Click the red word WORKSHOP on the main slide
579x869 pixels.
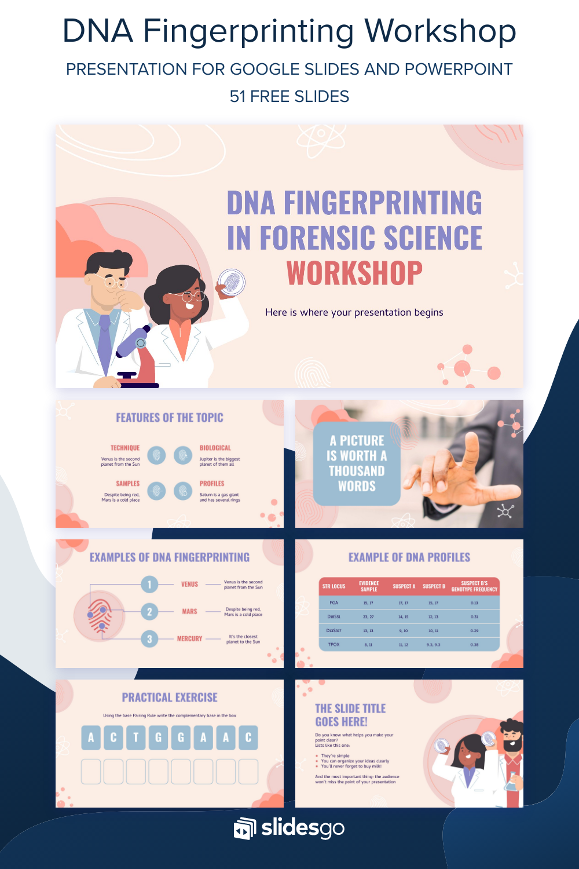(354, 273)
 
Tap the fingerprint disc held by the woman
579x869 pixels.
(232, 282)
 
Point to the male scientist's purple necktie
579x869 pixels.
(104, 342)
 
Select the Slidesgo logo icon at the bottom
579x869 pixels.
(244, 828)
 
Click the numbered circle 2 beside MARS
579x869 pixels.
(149, 611)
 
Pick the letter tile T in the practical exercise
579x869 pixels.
(136, 737)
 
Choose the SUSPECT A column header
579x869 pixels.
(404, 586)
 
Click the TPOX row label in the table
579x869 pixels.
(334, 644)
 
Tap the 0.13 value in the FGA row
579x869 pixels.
(474, 603)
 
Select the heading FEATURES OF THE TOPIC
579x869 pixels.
(169, 418)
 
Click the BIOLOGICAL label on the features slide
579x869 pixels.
(215, 448)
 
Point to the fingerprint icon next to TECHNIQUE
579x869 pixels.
(156, 455)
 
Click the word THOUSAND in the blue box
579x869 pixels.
(357, 471)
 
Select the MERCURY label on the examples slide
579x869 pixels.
(189, 638)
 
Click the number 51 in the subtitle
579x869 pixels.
(237, 96)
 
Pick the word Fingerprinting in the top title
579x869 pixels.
(248, 31)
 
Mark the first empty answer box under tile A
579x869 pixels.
(91, 772)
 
